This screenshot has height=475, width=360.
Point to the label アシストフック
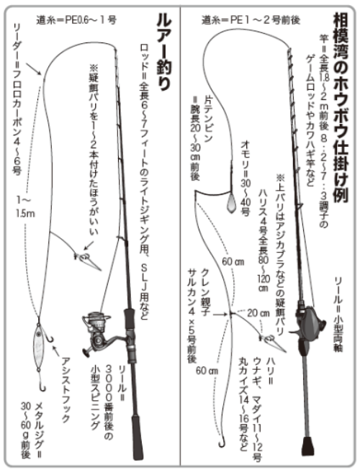pos(71,381)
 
